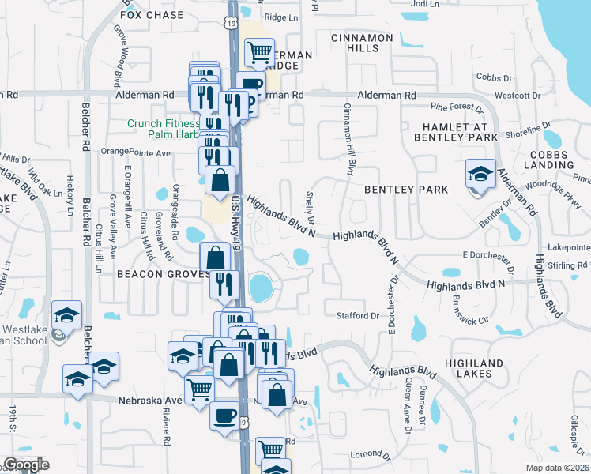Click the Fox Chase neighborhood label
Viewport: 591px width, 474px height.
tap(152, 15)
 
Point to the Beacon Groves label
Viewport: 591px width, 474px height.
tap(162, 273)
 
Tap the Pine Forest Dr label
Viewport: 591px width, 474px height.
tap(456, 106)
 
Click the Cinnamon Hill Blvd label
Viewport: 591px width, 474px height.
tap(346, 139)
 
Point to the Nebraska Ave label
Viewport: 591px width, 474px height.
tap(150, 401)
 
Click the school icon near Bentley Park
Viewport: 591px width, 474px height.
tap(480, 173)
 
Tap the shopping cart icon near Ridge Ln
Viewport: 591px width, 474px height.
tap(259, 53)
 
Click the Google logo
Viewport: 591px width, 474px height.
tap(26, 465)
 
